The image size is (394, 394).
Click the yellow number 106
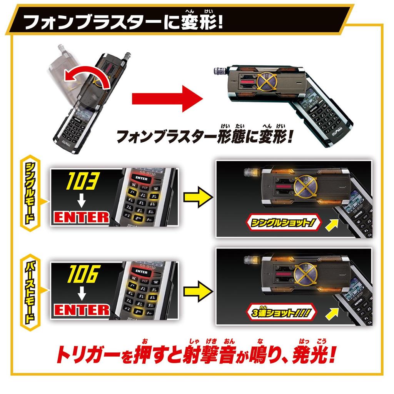point(81,274)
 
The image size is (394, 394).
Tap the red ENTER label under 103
point(81,217)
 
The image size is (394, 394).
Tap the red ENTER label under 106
point(81,310)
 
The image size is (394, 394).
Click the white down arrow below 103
point(81,199)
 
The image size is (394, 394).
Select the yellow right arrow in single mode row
point(197,197)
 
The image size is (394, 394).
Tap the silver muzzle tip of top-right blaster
point(218,71)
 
